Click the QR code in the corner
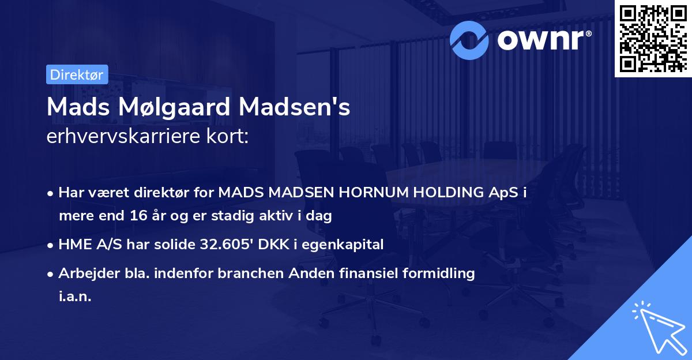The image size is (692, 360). pyautogui.click(x=653, y=39)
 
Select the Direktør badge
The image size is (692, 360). pyautogui.click(x=77, y=74)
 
